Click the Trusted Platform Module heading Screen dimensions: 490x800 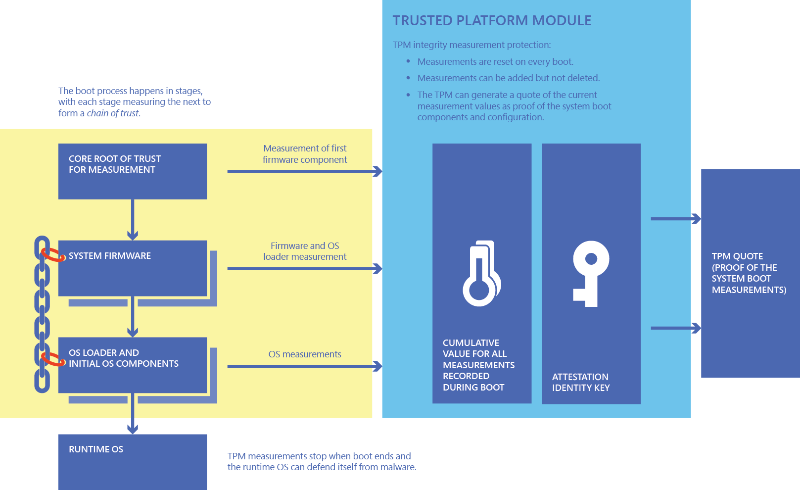click(x=492, y=21)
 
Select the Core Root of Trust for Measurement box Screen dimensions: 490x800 click(x=132, y=171)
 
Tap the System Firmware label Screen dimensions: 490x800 click(x=110, y=256)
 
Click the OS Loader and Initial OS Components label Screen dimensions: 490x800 click(x=123, y=358)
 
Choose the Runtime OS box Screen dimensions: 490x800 click(x=132, y=461)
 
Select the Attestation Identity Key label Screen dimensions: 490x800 click(x=580, y=383)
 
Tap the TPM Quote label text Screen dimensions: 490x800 click(x=749, y=273)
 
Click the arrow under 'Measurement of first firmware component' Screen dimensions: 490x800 click(x=304, y=171)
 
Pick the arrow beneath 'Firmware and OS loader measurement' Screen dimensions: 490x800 click(x=304, y=269)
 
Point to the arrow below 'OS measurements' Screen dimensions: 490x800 click(x=304, y=366)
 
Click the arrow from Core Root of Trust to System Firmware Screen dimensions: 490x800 click(x=133, y=220)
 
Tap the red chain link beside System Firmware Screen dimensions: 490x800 click(x=52, y=255)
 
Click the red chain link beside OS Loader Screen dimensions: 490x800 click(x=52, y=359)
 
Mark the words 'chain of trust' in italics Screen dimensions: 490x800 click(x=113, y=113)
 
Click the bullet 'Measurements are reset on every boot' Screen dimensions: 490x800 click(x=495, y=62)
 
